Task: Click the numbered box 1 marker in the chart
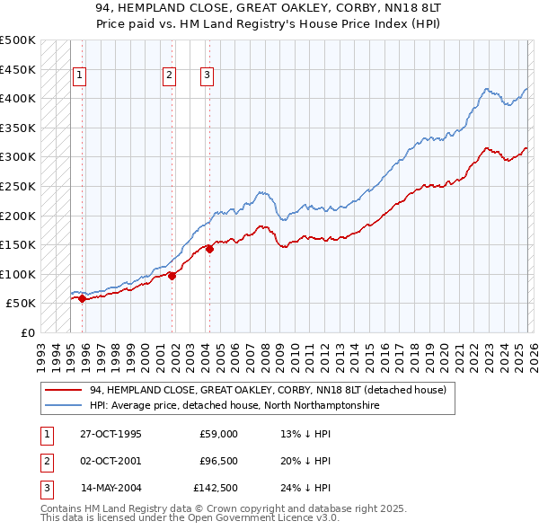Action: (x=80, y=76)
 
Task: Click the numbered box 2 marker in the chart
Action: (x=169, y=76)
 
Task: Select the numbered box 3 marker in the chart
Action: (x=207, y=76)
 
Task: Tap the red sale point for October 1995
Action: (x=82, y=299)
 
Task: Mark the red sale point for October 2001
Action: (x=172, y=277)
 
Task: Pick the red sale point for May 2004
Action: (x=209, y=250)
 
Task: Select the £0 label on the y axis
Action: (x=27, y=332)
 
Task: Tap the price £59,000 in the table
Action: (x=218, y=434)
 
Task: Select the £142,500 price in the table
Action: (x=216, y=488)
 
